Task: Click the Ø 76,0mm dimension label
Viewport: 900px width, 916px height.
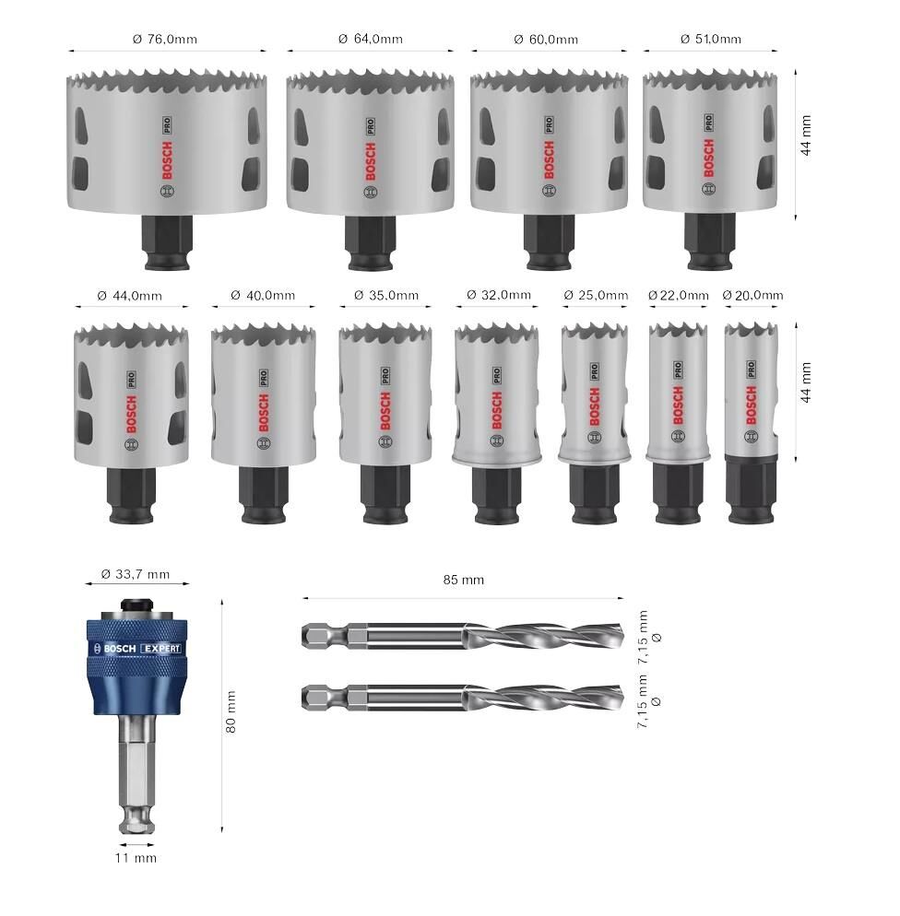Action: tap(165, 39)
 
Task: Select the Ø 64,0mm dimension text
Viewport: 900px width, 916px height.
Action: tap(371, 39)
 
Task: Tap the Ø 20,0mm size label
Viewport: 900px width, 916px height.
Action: tap(752, 296)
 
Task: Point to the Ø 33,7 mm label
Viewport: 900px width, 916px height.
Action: tap(136, 574)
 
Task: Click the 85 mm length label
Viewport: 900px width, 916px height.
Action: tap(464, 580)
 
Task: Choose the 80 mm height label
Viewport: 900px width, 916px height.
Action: tap(231, 711)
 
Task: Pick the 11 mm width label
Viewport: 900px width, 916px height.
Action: tap(136, 858)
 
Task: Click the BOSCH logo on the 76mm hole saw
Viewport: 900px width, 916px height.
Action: tap(167, 160)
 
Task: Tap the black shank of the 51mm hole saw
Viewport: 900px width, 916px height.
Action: tap(709, 241)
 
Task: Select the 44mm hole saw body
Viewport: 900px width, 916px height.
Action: tap(132, 395)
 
